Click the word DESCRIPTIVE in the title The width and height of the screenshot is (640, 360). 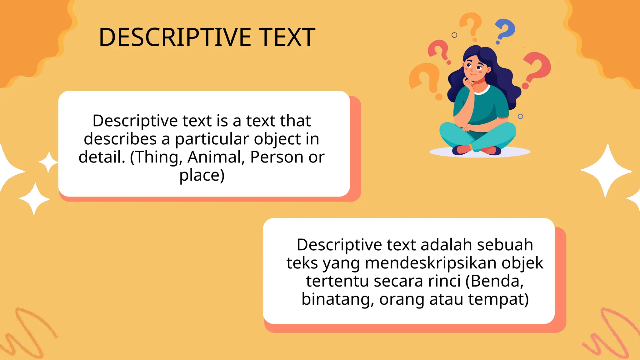[x=175, y=37]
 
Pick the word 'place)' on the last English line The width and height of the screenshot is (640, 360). [x=202, y=175]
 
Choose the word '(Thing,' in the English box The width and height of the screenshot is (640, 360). [x=156, y=157]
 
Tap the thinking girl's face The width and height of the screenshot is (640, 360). [x=474, y=67]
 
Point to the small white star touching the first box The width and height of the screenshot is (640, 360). [x=48, y=162]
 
